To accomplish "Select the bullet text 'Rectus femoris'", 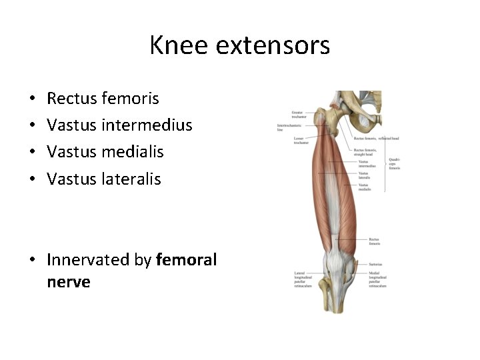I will (103, 99).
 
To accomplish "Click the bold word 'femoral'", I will (186, 259).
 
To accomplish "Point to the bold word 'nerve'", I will (69, 282).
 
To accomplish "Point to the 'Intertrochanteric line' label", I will (289, 127).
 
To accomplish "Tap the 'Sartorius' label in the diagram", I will (375, 264).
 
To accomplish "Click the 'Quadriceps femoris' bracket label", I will (395, 163).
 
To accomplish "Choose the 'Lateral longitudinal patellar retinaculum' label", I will (303, 278).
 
